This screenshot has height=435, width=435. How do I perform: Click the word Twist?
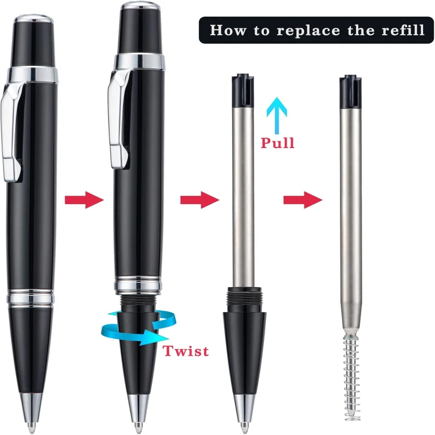click(185, 351)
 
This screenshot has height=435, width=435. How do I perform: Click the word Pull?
click(277, 143)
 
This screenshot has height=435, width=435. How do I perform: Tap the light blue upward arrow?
click(277, 115)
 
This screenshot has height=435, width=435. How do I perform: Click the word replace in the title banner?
click(308, 30)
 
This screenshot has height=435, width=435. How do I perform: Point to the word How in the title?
click(227, 30)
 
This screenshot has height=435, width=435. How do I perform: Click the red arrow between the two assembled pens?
click(84, 200)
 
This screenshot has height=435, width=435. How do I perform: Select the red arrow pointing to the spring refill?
click(303, 200)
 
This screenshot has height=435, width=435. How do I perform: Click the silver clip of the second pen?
click(119, 119)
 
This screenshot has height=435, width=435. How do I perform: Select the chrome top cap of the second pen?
click(140, 6)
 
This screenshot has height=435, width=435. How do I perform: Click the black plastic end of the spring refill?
click(350, 91)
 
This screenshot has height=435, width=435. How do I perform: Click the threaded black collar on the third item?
click(244, 300)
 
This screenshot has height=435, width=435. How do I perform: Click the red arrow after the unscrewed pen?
click(200, 200)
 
